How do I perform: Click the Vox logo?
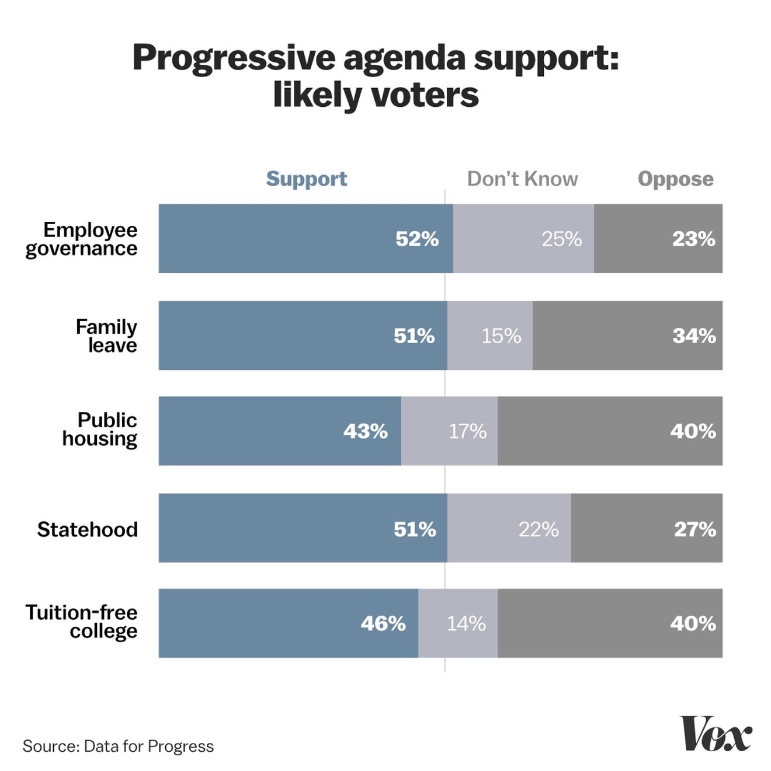coord(716,734)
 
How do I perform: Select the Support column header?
coord(307,179)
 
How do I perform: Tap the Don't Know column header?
coord(522,179)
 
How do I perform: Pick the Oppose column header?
coord(675,179)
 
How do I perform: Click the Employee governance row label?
coord(82,239)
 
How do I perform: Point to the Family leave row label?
coord(107,336)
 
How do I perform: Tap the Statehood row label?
coord(88,529)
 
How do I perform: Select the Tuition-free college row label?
coord(82,622)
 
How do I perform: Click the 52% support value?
coord(417,239)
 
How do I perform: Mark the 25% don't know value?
coord(561,239)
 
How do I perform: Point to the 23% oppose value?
coord(693,239)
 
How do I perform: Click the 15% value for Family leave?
coord(501,336)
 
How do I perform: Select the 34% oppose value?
coord(694,336)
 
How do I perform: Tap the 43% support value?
coord(366,431)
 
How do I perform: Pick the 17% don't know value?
coord(467,431)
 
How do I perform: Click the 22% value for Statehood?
coord(539,529)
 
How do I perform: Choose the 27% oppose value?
coord(695,529)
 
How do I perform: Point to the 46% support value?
coord(383,623)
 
